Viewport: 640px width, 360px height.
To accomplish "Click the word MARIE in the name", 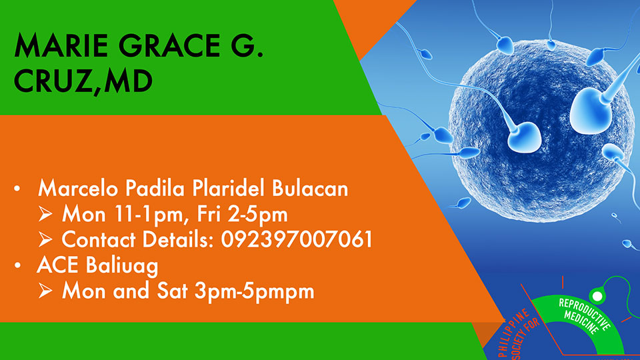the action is pos(61,45).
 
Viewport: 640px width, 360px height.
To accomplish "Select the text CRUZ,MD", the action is pos(83,81).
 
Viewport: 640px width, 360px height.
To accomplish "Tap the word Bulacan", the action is pos(310,188).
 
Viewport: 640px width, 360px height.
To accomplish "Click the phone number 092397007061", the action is pos(296,239).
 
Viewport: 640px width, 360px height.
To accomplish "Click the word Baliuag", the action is pos(122,266).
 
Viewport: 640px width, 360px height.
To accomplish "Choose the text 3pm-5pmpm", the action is pos(254,292).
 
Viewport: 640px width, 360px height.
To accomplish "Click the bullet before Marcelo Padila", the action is pos(17,189).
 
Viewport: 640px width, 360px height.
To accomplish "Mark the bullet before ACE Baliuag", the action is pos(17,265).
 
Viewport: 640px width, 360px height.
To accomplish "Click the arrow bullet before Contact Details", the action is pos(45,239).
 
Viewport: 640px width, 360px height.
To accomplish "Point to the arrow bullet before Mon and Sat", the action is pos(45,291).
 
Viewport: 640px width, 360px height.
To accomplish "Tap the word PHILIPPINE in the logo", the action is pos(513,332).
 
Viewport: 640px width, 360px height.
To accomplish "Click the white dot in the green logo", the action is pos(597,296).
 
